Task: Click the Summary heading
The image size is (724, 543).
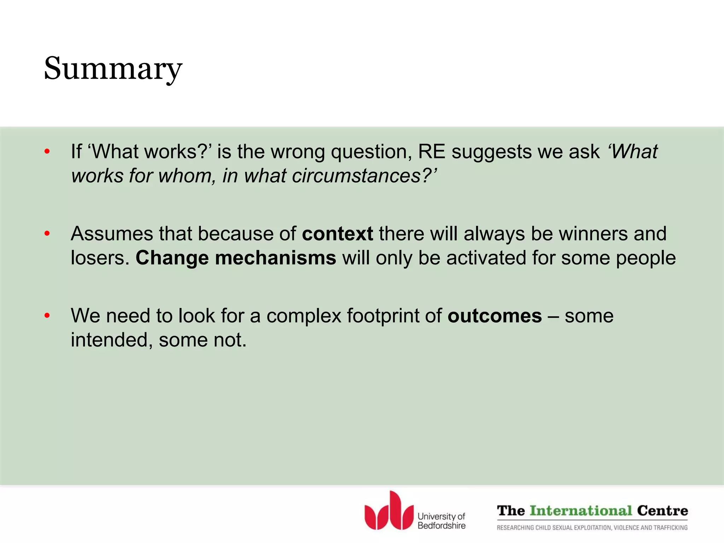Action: coord(113,69)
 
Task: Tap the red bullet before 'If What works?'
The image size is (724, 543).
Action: coord(47,152)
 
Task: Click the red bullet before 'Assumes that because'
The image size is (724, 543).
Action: coord(47,234)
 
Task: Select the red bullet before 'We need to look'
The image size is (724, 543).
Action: coord(47,316)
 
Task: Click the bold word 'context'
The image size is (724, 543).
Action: coord(337,234)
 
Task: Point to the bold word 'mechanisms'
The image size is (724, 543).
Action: coord(275,258)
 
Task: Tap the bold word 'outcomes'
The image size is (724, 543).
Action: coord(495,316)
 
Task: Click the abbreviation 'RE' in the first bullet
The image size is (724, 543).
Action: coord(431,152)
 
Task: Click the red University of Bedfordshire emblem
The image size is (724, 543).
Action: coord(389,512)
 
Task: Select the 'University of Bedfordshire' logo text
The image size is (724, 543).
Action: coord(441,521)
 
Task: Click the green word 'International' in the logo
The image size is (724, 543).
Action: coord(581,511)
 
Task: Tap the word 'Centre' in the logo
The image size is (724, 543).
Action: coord(662,511)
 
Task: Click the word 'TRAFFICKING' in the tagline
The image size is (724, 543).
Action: coord(671,528)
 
